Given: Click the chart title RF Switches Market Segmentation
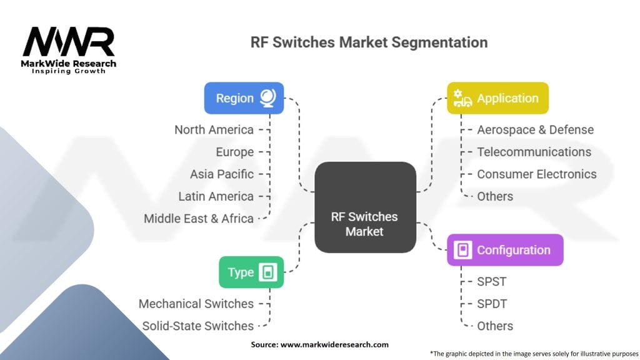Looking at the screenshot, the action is pyautogui.click(x=369, y=42).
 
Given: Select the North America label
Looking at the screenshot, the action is pyautogui.click(x=214, y=130).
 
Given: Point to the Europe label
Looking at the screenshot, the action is pyautogui.click(x=235, y=152).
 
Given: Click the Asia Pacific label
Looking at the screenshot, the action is pyautogui.click(x=222, y=174).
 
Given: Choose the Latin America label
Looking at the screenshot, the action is pyautogui.click(x=216, y=196).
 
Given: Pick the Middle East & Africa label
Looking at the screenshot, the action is pyautogui.click(x=199, y=219).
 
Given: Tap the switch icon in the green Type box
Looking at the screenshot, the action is pyautogui.click(x=269, y=272).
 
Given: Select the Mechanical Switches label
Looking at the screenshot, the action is pyautogui.click(x=196, y=304).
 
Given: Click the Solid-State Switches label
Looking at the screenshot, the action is pyautogui.click(x=198, y=326).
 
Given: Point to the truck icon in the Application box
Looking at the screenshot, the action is pyautogui.click(x=463, y=99).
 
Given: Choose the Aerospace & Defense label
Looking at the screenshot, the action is pyautogui.click(x=535, y=130).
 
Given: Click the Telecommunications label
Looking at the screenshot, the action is pyautogui.click(x=534, y=152).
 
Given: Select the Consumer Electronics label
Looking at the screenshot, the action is pyautogui.click(x=537, y=174).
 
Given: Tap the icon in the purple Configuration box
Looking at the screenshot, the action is pyautogui.click(x=462, y=250).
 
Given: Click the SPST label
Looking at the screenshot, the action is pyautogui.click(x=492, y=281).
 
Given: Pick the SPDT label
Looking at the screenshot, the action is pyautogui.click(x=492, y=304).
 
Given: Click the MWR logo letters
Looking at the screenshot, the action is pyautogui.click(x=69, y=42).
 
